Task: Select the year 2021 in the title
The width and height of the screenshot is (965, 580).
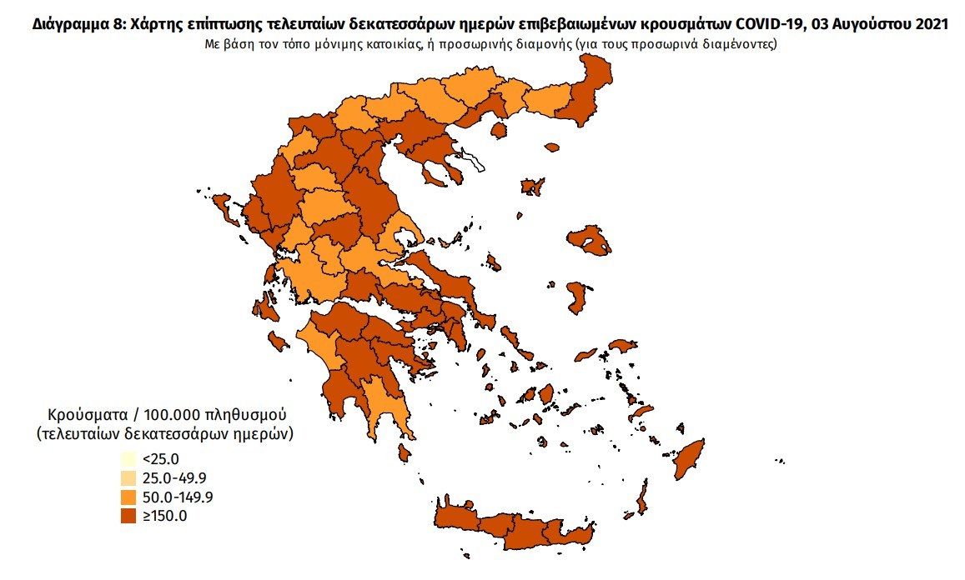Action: coord(929,25)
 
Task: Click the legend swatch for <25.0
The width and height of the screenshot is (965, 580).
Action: coord(128,459)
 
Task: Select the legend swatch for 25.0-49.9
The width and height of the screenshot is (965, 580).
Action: coord(128,477)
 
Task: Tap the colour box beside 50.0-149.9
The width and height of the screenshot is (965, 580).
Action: coord(128,497)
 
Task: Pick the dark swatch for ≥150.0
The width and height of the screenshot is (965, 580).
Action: coord(128,516)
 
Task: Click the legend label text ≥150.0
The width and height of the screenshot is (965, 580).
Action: coord(164,516)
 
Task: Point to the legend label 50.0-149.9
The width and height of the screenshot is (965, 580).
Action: coord(177,497)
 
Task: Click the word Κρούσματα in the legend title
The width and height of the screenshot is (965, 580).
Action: coord(88,414)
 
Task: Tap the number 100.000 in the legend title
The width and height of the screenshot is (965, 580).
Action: coord(173,414)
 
